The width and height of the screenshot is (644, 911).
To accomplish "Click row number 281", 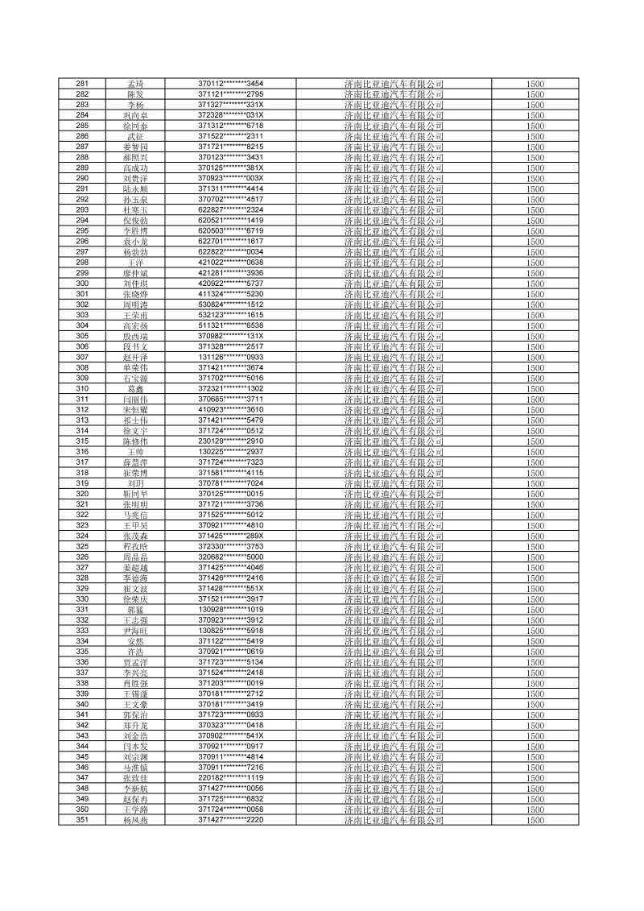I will coord(82,84).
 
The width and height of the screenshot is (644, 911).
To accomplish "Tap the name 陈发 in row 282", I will coord(136,94).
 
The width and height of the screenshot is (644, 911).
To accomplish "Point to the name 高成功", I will coord(136,168).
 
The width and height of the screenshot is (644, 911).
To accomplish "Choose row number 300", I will coord(82,284).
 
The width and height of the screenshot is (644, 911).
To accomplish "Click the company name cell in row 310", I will coord(394,388).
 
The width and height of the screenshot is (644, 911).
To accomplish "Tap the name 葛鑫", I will coord(136,388).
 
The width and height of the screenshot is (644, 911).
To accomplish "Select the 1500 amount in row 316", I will coord(535,451).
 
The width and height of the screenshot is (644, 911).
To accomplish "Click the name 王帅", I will coord(136,451).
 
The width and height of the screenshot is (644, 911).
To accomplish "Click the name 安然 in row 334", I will coord(136,640).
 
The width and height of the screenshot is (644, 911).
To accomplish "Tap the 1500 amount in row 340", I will coord(535,704).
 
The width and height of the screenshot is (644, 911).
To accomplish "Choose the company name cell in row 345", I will coord(394,756).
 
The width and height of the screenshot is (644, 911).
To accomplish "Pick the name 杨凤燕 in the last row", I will coord(136,819).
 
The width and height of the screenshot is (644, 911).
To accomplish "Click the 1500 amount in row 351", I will coord(535,819).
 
